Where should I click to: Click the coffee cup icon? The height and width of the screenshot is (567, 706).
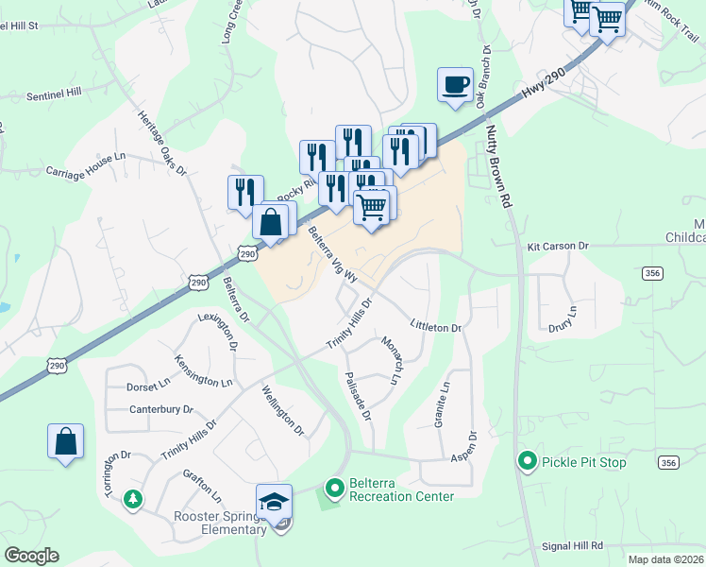point(456,84)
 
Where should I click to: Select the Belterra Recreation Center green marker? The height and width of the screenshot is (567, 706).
point(333,489)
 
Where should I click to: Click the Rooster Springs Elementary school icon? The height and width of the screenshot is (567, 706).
point(274,501)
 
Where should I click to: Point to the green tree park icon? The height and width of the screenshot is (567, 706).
point(133,498)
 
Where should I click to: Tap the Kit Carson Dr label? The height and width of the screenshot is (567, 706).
point(557,246)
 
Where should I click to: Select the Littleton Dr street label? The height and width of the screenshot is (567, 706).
point(435,327)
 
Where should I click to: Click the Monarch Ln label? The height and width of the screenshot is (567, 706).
point(392,359)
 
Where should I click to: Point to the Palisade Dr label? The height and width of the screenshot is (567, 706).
point(359,401)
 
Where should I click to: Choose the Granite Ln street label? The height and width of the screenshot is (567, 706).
point(442,405)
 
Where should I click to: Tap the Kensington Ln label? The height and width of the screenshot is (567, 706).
point(203,370)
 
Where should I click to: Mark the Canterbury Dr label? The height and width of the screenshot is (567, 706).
point(160,410)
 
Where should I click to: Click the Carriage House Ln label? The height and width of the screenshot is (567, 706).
point(85,164)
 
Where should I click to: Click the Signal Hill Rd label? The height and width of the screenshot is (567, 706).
point(572,546)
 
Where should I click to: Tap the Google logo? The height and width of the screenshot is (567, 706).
point(32,556)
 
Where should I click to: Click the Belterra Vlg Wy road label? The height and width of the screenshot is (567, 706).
point(332,255)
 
